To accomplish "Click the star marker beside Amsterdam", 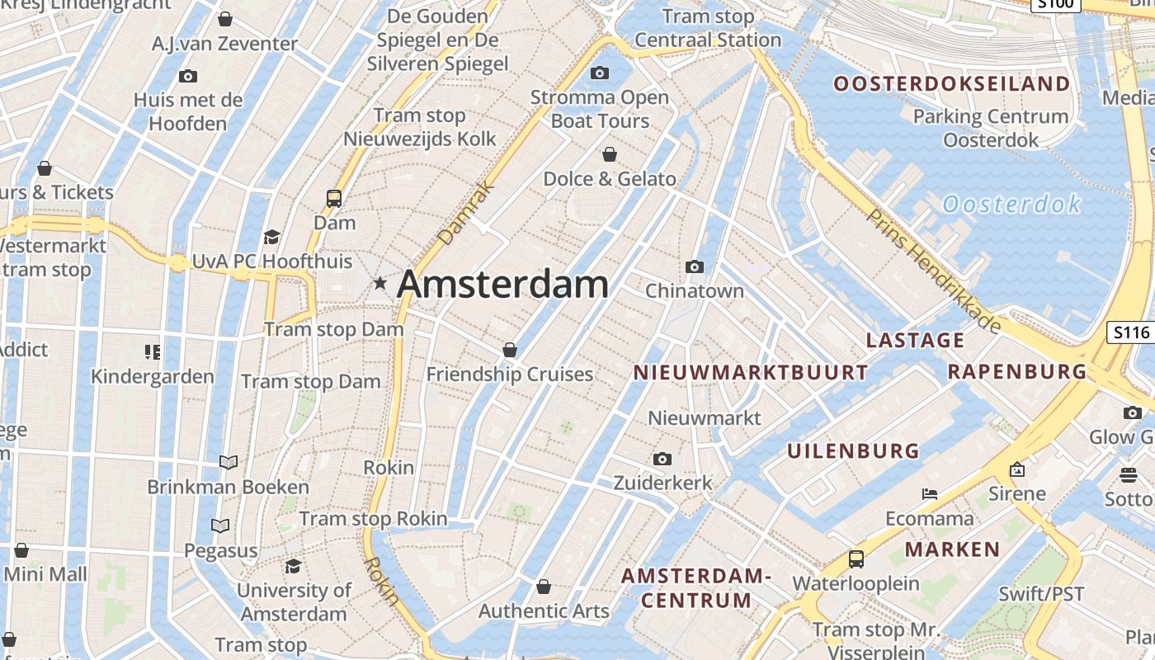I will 379,284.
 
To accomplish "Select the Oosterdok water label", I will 1011,204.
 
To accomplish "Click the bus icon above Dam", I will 334,198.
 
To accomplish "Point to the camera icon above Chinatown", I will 695,266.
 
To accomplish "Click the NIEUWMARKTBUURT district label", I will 750,373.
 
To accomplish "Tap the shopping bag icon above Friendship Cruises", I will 510,350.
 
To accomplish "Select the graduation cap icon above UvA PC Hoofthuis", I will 271,238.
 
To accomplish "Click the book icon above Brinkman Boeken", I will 229,462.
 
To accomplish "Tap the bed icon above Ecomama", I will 930,494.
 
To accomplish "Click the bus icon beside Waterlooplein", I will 856,559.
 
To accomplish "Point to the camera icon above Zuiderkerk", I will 662,459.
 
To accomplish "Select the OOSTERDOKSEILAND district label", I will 951,84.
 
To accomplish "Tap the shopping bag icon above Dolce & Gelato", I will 610,154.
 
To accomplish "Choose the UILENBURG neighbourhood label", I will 853,451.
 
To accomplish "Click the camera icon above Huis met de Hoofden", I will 188,77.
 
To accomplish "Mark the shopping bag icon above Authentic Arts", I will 544,587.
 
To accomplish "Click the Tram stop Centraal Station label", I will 708,29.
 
